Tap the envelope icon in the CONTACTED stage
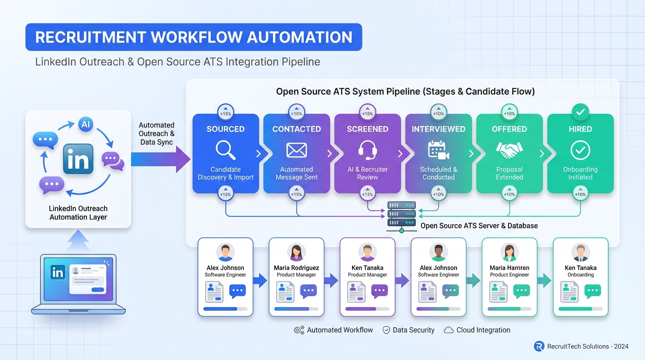(296, 150)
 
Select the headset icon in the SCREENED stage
(367, 150)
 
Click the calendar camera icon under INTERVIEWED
(438, 150)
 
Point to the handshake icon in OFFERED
(509, 150)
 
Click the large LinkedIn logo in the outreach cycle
(78, 159)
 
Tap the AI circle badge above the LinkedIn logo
(85, 124)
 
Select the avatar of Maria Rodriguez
(296, 252)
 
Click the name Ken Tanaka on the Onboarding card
(580, 268)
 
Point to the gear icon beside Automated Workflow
(299, 330)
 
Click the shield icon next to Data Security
(386, 330)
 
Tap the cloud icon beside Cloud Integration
(449, 330)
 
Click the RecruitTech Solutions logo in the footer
(539, 346)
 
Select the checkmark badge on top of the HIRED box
(580, 112)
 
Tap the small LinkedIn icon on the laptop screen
(58, 272)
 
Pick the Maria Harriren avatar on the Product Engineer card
(509, 252)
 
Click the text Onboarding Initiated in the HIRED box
(580, 173)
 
